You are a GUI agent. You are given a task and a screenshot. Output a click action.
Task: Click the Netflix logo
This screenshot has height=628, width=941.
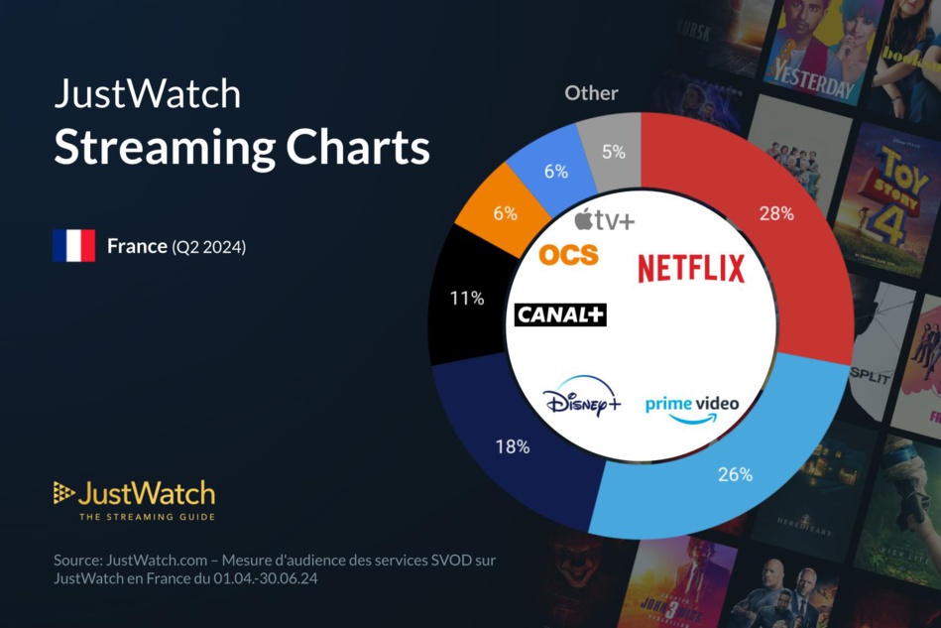click(691, 269)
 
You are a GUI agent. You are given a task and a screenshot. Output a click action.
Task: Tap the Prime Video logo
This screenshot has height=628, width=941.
click(692, 408)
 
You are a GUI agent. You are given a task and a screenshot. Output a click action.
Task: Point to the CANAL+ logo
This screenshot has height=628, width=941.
click(560, 315)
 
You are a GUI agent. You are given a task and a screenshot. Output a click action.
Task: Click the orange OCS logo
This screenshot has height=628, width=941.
click(569, 255)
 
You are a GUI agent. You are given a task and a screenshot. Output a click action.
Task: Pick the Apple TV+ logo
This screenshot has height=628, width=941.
click(604, 220)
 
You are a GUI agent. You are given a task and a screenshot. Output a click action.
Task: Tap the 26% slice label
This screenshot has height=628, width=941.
click(735, 474)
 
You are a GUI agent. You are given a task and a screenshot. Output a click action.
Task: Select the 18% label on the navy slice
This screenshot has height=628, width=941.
click(512, 446)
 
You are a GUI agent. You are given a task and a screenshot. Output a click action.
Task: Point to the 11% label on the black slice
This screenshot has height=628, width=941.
click(466, 298)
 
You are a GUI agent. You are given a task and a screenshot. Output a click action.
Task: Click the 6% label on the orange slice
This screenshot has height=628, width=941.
click(505, 213)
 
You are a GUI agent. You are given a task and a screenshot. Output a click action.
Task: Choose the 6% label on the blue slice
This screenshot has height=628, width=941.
click(556, 172)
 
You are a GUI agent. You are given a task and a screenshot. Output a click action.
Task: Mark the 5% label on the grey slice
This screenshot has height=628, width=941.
click(613, 152)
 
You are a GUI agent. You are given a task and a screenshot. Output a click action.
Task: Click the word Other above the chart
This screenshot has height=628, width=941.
click(591, 93)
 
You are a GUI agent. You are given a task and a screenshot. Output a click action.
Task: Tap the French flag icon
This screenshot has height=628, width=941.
click(73, 246)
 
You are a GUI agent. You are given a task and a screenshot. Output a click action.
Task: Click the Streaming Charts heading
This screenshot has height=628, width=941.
click(242, 148)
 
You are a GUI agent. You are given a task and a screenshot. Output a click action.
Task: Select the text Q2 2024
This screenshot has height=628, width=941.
click(208, 247)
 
